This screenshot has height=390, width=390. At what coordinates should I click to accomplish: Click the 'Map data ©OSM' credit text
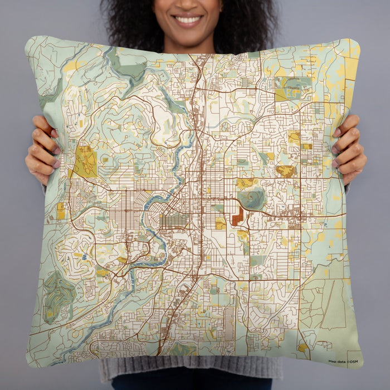[343, 362]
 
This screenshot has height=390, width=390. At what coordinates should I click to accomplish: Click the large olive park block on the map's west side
[85, 161]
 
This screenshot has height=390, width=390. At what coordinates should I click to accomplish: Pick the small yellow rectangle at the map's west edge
[60, 211]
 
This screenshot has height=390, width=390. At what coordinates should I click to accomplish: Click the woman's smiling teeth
[188, 20]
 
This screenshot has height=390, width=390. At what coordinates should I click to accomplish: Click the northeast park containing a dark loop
[294, 86]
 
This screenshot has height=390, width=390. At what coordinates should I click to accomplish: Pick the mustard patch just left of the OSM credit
[303, 348]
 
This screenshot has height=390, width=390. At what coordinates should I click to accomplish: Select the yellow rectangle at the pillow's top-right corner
[351, 67]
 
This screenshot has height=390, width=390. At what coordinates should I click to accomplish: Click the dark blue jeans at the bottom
[189, 384]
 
